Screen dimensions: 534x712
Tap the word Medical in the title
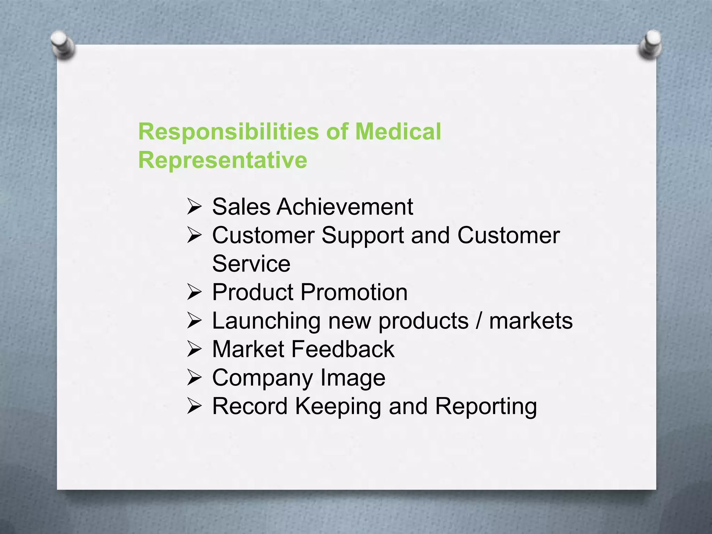click(x=398, y=132)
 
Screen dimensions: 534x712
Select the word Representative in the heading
click(x=222, y=160)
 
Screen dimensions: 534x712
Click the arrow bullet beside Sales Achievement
click(x=194, y=207)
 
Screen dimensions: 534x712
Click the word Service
click(x=251, y=264)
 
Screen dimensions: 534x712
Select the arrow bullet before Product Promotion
click(x=194, y=292)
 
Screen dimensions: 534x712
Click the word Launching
click(x=266, y=321)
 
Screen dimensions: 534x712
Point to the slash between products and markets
click(x=479, y=321)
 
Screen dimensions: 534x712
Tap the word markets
click(x=531, y=321)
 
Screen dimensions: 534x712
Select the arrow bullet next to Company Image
click(x=194, y=378)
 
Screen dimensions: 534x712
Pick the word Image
click(x=353, y=378)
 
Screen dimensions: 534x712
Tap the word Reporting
click(x=486, y=407)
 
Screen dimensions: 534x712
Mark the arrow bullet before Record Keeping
click(x=194, y=406)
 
